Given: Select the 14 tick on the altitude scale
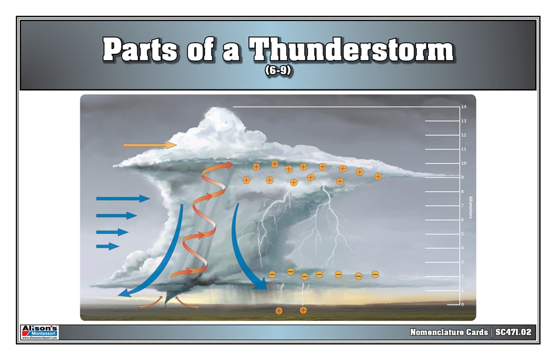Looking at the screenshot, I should pos(463,107).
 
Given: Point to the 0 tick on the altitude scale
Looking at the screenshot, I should pos(462,304).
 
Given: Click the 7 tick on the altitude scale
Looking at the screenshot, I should pos(463,206).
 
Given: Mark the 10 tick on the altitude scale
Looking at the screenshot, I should pos(463,163).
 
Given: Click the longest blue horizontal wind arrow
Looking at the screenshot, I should pos(122,198).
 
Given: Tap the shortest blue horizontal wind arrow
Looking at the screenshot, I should pos(107,246).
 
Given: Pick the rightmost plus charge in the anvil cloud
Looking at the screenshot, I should pos(378,176).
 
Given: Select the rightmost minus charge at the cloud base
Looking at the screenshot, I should pos(375,274).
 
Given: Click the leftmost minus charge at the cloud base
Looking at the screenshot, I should pos(272,274).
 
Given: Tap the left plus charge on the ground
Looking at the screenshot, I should pos(279,311).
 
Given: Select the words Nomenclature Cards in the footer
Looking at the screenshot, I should pos(448,332).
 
